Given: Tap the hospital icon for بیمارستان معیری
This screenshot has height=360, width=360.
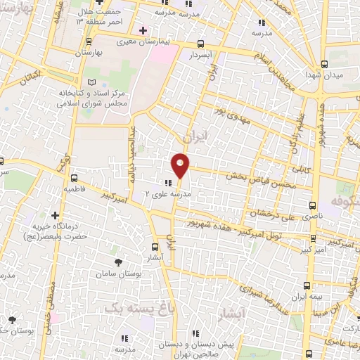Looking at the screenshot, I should pos(143,30).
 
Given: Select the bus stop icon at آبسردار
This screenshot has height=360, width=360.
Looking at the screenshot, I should pos(202,42).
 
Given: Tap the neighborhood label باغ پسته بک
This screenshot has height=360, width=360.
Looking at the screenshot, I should pos(131,307).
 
